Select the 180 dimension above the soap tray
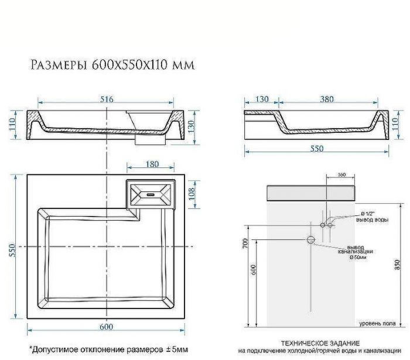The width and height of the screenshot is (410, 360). (151, 165)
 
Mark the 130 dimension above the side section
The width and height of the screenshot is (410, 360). (262, 100)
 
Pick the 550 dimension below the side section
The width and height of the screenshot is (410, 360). (316, 149)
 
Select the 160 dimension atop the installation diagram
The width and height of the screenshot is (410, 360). (343, 174)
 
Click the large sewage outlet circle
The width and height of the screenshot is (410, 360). (311, 239)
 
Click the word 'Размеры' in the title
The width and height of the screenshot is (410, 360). (58, 64)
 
